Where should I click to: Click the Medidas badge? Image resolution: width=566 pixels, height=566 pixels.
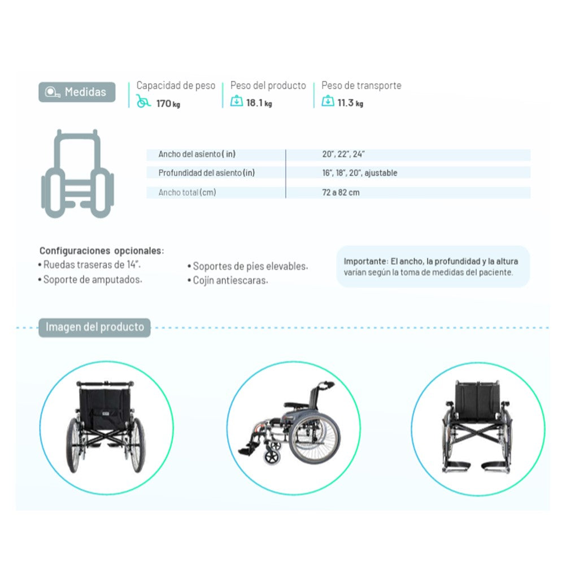(77, 92)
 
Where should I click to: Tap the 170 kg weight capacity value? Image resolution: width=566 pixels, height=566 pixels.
(168, 103)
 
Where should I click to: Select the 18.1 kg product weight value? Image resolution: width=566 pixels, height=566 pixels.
(259, 103)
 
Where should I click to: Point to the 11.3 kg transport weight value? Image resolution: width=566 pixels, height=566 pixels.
(350, 103)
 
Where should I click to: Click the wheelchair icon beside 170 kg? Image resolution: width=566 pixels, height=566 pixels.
(143, 101)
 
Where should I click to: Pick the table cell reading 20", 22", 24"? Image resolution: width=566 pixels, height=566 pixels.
(343, 154)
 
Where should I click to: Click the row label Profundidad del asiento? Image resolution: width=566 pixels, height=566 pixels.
(207, 173)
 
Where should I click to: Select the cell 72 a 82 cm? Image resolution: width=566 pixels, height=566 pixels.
(341, 193)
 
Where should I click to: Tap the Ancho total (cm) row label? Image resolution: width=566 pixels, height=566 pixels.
(187, 193)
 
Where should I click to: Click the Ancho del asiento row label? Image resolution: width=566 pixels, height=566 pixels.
(197, 154)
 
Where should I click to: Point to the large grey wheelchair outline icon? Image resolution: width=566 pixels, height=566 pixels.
(77, 173)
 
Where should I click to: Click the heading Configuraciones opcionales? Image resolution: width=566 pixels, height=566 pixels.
(102, 250)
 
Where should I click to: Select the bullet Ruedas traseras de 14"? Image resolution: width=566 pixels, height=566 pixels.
(89, 264)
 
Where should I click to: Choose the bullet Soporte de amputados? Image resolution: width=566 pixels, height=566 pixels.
(90, 280)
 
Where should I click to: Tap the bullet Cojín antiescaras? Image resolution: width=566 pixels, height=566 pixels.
(228, 280)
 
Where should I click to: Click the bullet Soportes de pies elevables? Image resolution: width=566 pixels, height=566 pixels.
(247, 266)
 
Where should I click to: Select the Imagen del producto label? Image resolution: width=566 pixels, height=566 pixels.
(94, 327)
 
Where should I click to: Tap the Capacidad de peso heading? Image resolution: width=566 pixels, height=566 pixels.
(176, 85)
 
